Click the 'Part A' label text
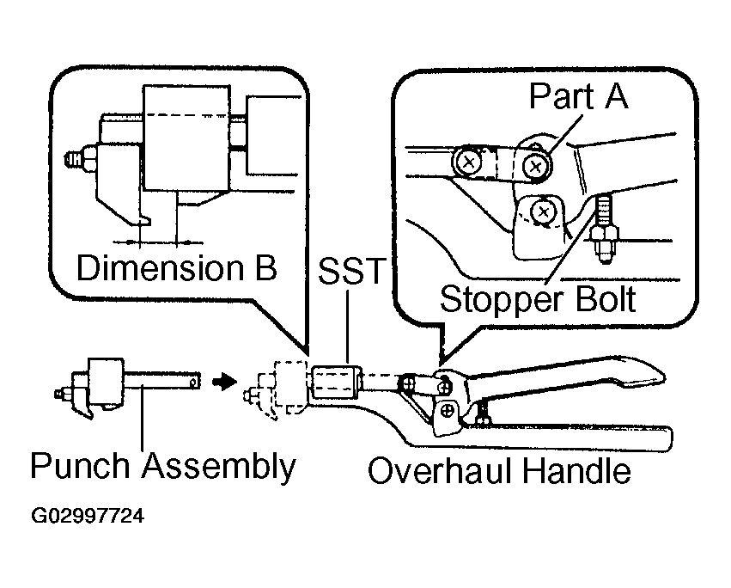coord(579,96)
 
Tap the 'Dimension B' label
coord(177,268)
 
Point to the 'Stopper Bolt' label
coord(538,300)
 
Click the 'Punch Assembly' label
coord(162,465)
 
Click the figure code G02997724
coord(88,516)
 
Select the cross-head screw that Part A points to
coord(536,165)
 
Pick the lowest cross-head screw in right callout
coord(543,212)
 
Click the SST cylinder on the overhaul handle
coord(337,383)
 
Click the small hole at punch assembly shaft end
coord(194,383)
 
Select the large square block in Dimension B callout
coord(186,138)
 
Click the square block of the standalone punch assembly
coord(106,381)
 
